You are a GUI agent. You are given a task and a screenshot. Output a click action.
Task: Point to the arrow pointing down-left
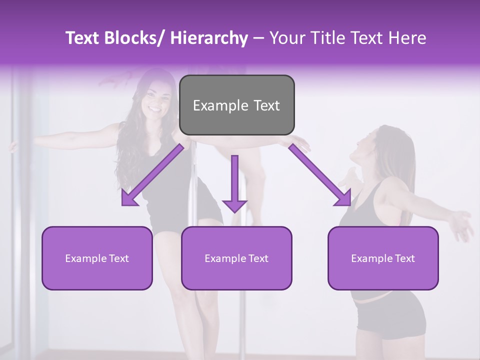click(x=152, y=175)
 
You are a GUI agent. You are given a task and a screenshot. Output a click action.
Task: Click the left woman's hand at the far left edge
click(x=13, y=146)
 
